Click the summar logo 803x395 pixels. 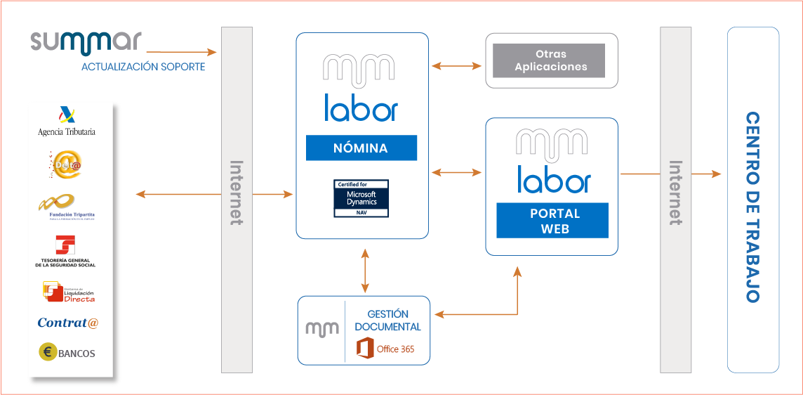tap(86, 42)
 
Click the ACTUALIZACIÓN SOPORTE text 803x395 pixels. tap(143, 67)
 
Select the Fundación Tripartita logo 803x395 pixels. tap(67, 207)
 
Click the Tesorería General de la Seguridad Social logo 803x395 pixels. tap(65, 252)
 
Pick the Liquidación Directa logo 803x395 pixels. tap(68, 292)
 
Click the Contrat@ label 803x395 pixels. tap(68, 323)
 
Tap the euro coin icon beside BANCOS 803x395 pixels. tap(48, 353)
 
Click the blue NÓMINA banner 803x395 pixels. tap(361, 148)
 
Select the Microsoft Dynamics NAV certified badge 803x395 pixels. tap(361, 198)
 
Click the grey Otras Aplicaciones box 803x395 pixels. tap(548, 60)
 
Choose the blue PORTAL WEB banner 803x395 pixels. tap(551, 221)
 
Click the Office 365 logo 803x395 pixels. tap(385, 349)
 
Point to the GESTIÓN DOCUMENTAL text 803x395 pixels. tap(387, 320)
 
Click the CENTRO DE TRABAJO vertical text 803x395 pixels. tap(752, 207)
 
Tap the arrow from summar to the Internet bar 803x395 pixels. tap(181, 52)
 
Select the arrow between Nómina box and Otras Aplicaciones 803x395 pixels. tap(457, 66)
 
